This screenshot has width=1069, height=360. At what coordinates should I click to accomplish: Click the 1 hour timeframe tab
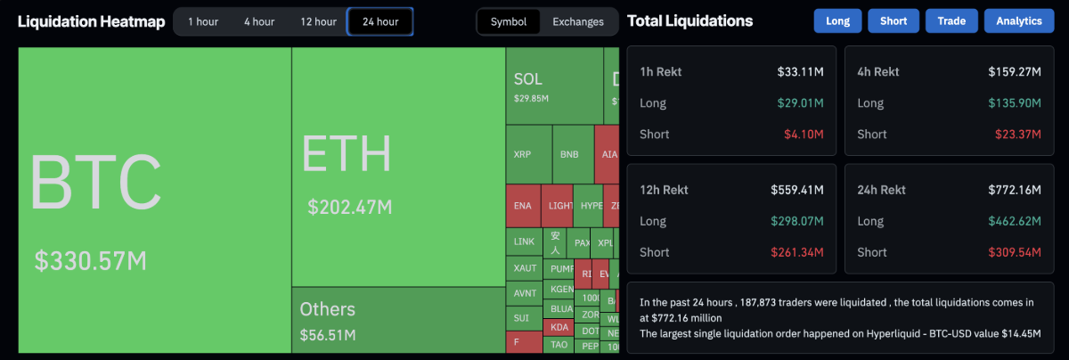click(x=203, y=21)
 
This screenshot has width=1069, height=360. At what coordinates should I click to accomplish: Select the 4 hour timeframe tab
click(x=259, y=21)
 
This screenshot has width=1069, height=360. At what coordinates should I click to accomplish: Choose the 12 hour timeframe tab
click(x=318, y=21)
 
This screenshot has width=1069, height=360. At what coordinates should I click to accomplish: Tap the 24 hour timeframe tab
click(x=380, y=21)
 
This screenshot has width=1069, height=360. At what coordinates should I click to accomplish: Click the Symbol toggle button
click(x=509, y=21)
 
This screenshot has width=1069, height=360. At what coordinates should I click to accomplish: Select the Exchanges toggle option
click(x=577, y=21)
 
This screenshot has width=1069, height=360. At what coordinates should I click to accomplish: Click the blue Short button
click(x=894, y=20)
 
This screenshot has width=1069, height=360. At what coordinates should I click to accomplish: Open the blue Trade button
click(x=951, y=20)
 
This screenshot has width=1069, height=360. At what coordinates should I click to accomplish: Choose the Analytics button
click(x=1019, y=20)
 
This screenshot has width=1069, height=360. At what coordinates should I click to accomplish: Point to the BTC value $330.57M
click(x=90, y=261)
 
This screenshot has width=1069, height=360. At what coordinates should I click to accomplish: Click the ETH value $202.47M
click(x=350, y=208)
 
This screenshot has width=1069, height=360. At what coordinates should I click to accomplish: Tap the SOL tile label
click(x=527, y=79)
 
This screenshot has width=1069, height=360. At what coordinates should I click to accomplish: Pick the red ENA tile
click(x=523, y=205)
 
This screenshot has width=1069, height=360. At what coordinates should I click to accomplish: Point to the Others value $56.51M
click(x=328, y=335)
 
